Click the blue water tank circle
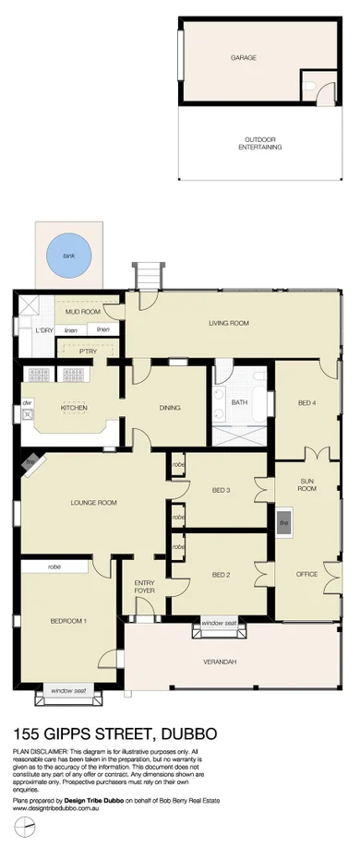click(x=64, y=256)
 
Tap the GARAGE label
click(x=243, y=57)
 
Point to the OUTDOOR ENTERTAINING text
click(x=259, y=143)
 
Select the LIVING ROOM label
click(x=230, y=323)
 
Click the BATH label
click(x=239, y=403)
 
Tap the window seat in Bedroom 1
click(x=67, y=690)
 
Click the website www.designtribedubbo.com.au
click(x=55, y=807)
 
